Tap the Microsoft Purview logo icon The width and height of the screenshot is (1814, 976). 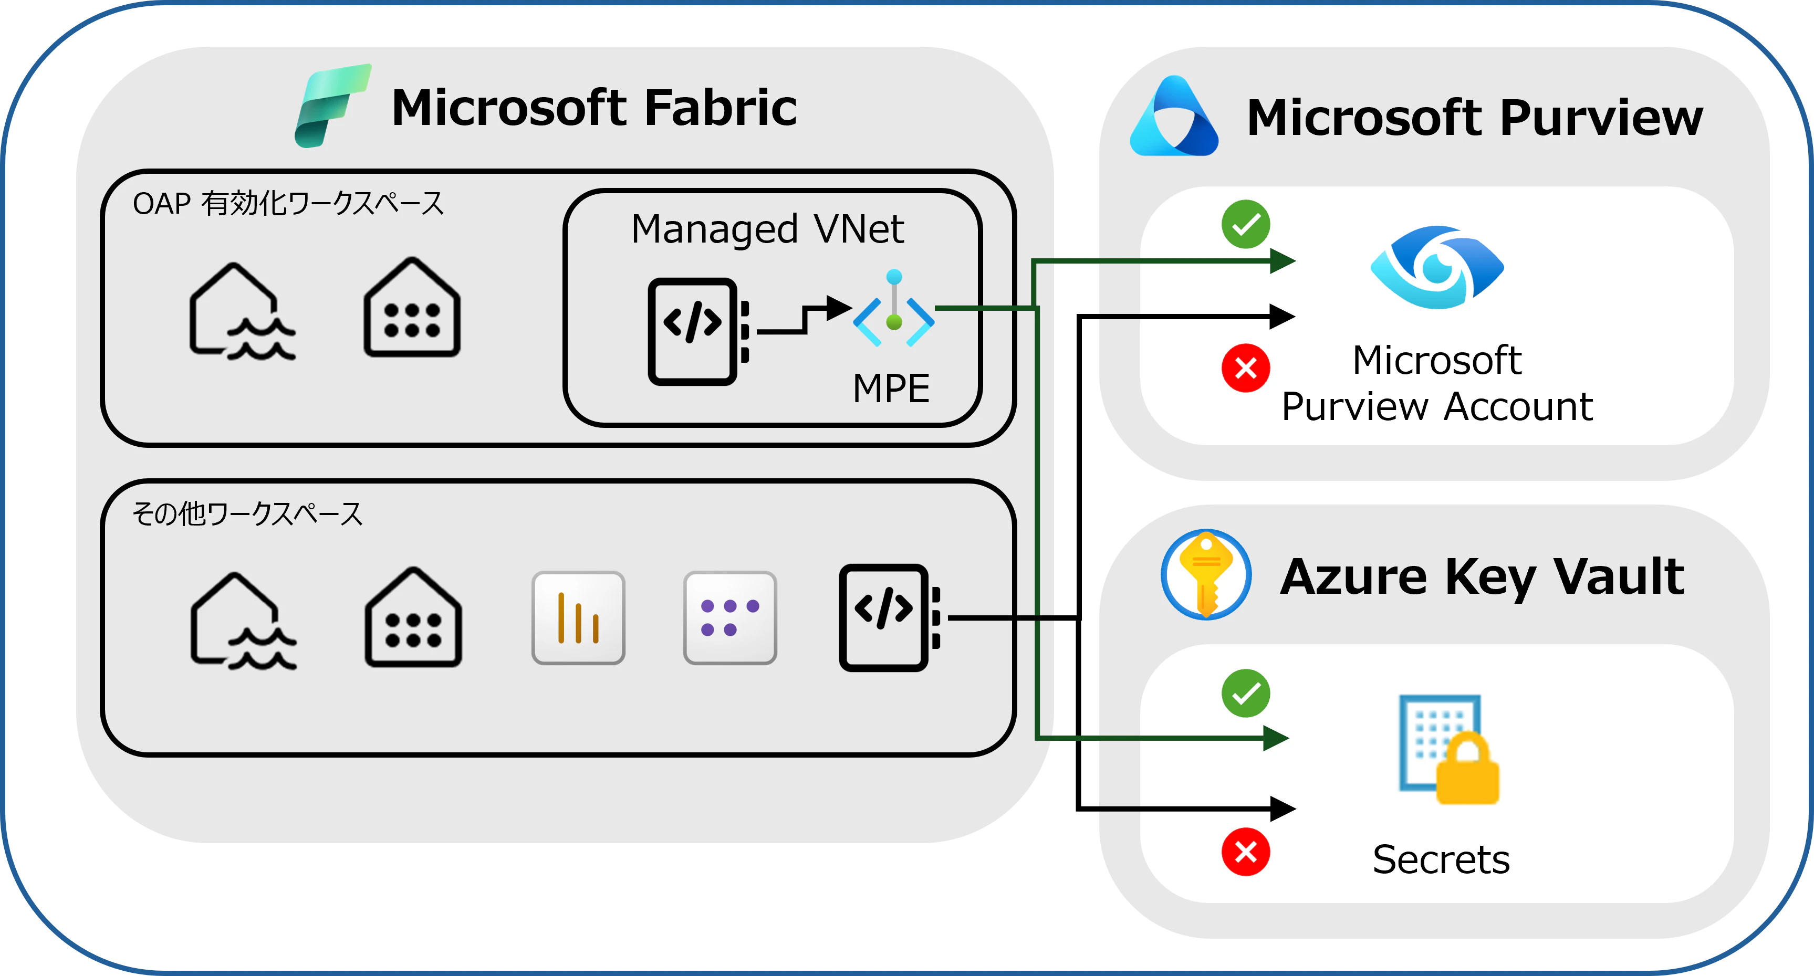click(1173, 117)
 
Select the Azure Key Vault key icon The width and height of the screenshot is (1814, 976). click(1206, 574)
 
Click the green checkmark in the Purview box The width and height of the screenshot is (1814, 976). click(1246, 225)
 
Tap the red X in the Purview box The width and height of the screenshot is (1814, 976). click(1246, 368)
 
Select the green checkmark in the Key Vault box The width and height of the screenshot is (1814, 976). click(1246, 694)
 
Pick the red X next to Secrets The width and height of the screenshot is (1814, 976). click(1246, 852)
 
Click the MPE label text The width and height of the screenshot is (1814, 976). click(891, 389)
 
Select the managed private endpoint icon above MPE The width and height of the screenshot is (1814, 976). click(894, 309)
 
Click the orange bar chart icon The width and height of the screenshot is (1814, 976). click(578, 617)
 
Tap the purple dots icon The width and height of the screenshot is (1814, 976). click(729, 617)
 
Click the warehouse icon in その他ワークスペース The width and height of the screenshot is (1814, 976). click(413, 617)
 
